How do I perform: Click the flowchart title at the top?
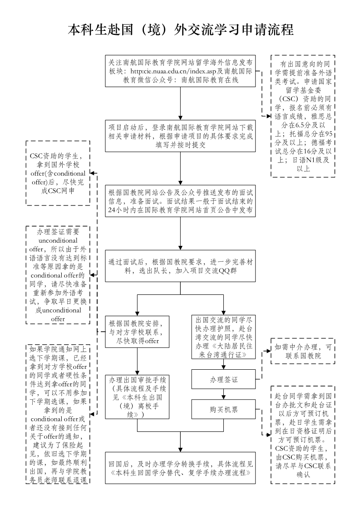180,30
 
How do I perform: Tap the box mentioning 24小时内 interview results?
180,200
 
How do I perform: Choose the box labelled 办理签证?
223,379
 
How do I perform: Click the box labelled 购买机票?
223,410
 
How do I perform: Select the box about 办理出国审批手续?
137,396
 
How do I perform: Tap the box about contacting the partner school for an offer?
137,332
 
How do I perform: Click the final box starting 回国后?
180,469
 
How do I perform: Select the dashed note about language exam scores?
303,116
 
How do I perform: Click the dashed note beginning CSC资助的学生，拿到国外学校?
58,173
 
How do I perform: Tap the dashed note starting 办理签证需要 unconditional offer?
58,275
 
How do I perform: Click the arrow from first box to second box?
181,102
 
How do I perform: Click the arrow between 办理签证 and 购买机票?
223,394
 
